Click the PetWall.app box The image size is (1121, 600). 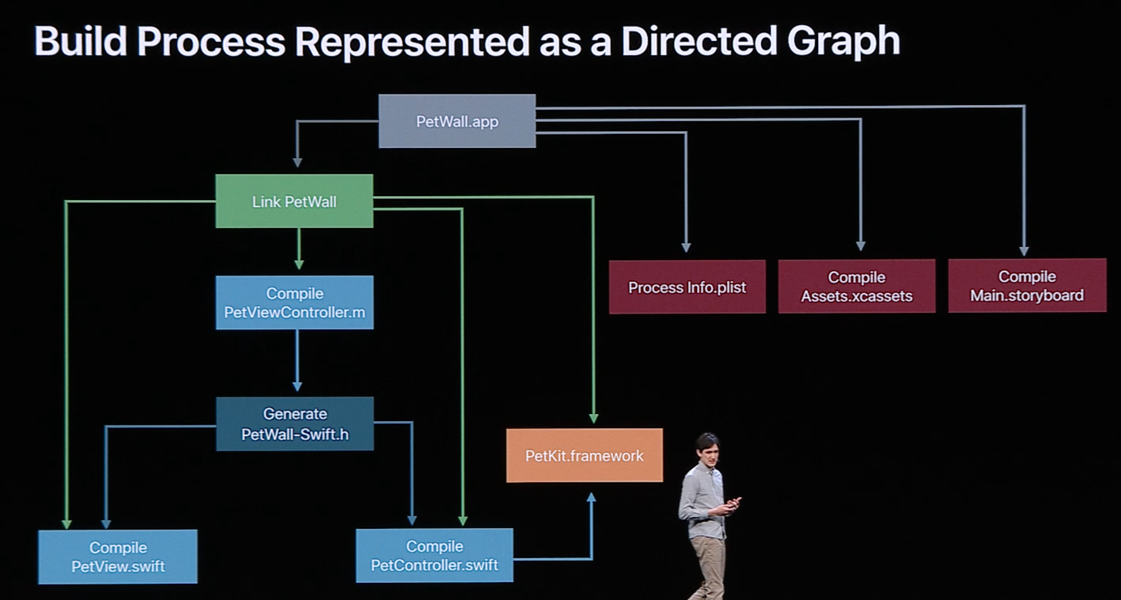457,121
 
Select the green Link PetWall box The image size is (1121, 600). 294,201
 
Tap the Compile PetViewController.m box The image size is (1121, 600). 294,302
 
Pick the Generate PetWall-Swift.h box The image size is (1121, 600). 294,424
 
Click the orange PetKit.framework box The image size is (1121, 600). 584,456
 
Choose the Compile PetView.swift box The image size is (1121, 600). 118,557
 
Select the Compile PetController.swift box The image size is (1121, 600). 434,555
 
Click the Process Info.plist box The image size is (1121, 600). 687,287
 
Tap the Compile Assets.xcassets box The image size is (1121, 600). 856,286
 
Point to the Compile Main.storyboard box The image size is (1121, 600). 1027,286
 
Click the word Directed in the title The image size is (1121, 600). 698,42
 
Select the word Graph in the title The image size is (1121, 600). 843,42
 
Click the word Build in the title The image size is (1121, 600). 80,42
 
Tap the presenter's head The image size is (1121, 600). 707,446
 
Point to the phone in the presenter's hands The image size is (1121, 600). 734,503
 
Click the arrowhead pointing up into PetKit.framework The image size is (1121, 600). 591,498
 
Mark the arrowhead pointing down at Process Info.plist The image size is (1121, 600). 686,247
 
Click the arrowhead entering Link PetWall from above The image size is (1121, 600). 297,162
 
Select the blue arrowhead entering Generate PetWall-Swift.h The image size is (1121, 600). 297,386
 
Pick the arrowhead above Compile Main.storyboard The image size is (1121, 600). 1024,251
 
